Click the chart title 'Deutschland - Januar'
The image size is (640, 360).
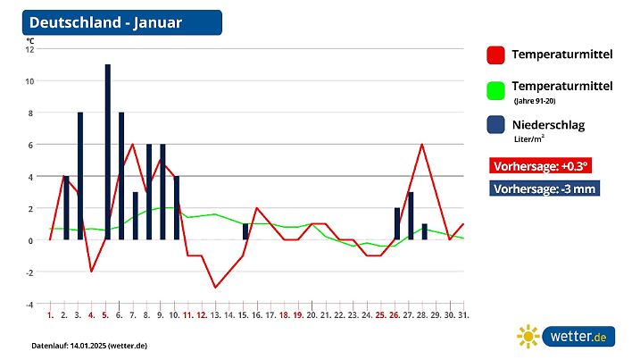coord(106,22)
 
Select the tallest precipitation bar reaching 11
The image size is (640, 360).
coord(107,152)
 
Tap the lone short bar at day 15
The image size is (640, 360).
coord(245,231)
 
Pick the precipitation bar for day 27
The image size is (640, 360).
coord(410,215)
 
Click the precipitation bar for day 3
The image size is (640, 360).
coord(80,176)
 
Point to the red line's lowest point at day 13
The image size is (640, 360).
coord(215,288)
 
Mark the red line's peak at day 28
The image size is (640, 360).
coord(422,145)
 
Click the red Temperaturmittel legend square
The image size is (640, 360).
coord(495,55)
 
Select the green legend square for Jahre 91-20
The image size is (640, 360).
coord(495,90)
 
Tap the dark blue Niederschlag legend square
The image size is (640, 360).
coord(495,125)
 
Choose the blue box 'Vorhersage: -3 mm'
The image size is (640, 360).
coord(544,188)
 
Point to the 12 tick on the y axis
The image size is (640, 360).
coord(29,49)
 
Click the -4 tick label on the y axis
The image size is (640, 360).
coord(29,304)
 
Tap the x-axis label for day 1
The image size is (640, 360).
coord(50,315)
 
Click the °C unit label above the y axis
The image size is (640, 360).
coord(30,40)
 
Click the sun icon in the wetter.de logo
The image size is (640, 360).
coord(528,336)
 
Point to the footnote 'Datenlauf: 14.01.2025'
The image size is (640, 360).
coord(89,345)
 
